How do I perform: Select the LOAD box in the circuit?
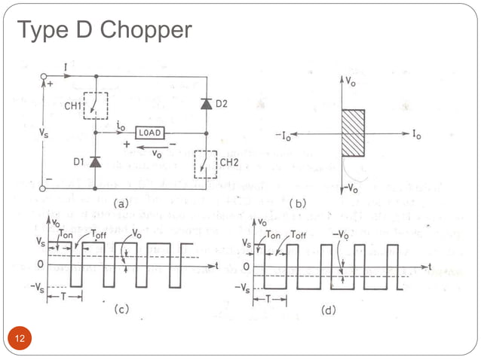tap(150, 131)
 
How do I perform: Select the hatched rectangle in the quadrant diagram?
tap(353, 133)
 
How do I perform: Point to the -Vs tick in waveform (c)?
tap(37, 287)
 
